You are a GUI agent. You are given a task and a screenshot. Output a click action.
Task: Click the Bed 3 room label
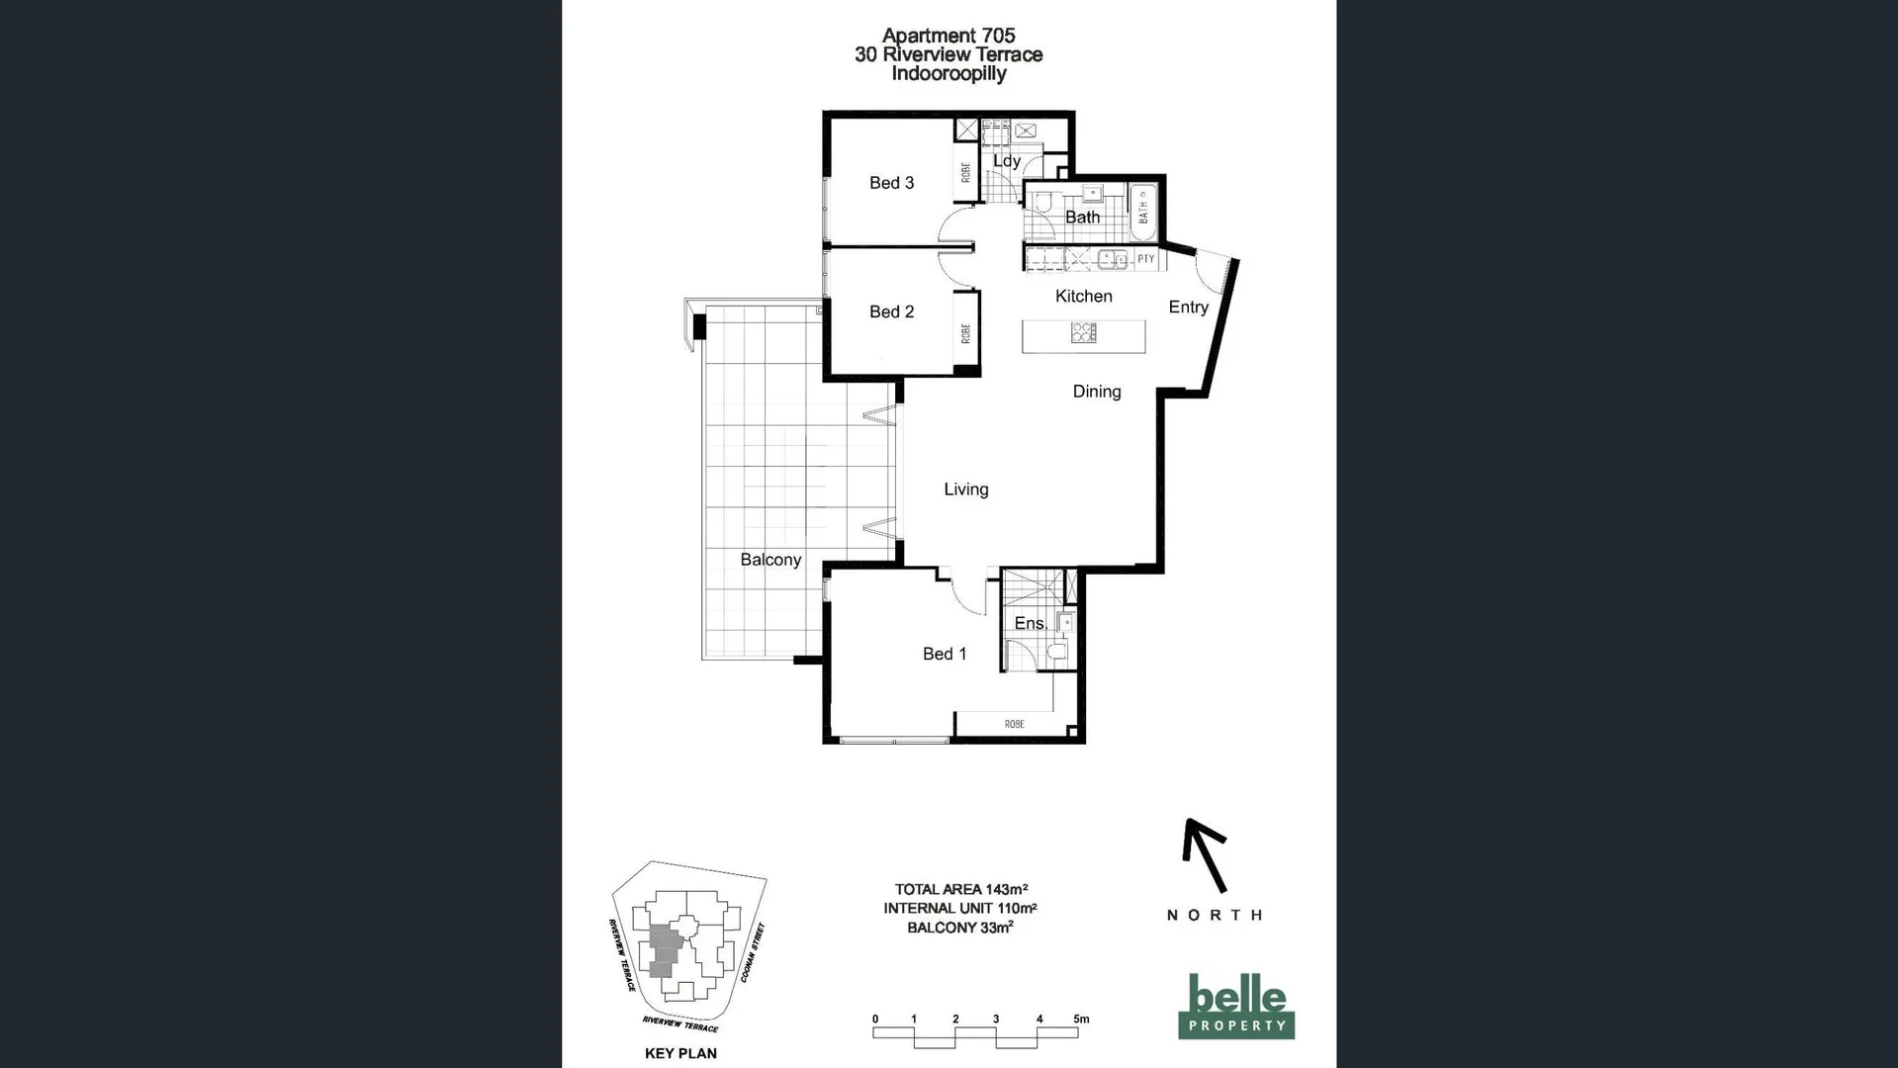pos(891,183)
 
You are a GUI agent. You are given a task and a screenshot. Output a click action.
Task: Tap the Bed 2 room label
pos(891,311)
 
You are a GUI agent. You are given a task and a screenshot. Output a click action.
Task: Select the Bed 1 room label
pos(944,654)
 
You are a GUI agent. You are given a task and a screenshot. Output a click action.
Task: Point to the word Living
pos(965,489)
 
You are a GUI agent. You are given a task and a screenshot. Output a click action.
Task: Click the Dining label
pos(1096,392)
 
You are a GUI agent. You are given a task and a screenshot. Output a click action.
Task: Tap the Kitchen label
pos(1083,297)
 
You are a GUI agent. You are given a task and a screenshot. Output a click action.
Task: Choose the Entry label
pos(1188,308)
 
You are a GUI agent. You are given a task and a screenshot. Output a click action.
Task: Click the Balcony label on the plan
pos(770,560)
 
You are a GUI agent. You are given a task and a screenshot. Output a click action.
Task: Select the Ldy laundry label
pos(1006,161)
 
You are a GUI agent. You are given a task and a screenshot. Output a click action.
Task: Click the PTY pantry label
pos(1145,259)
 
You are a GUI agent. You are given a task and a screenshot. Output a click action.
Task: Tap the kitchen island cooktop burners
pos(1083,333)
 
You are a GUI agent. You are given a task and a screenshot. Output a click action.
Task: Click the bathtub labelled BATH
pos(1143,211)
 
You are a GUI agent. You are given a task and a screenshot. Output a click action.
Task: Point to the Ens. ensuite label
pos(1030,623)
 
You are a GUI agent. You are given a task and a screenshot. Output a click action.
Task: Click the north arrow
pos(1206,855)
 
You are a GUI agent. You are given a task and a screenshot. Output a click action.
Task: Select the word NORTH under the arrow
pos(1214,915)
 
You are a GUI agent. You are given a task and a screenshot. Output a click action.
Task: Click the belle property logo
pos(1235,1006)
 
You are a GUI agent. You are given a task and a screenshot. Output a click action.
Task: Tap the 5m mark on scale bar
pos(1081,1019)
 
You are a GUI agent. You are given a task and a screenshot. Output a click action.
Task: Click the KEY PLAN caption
pos(680,1053)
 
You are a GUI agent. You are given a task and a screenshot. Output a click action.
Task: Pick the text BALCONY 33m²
pos(959,928)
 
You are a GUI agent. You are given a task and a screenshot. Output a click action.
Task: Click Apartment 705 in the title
pos(948,36)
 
